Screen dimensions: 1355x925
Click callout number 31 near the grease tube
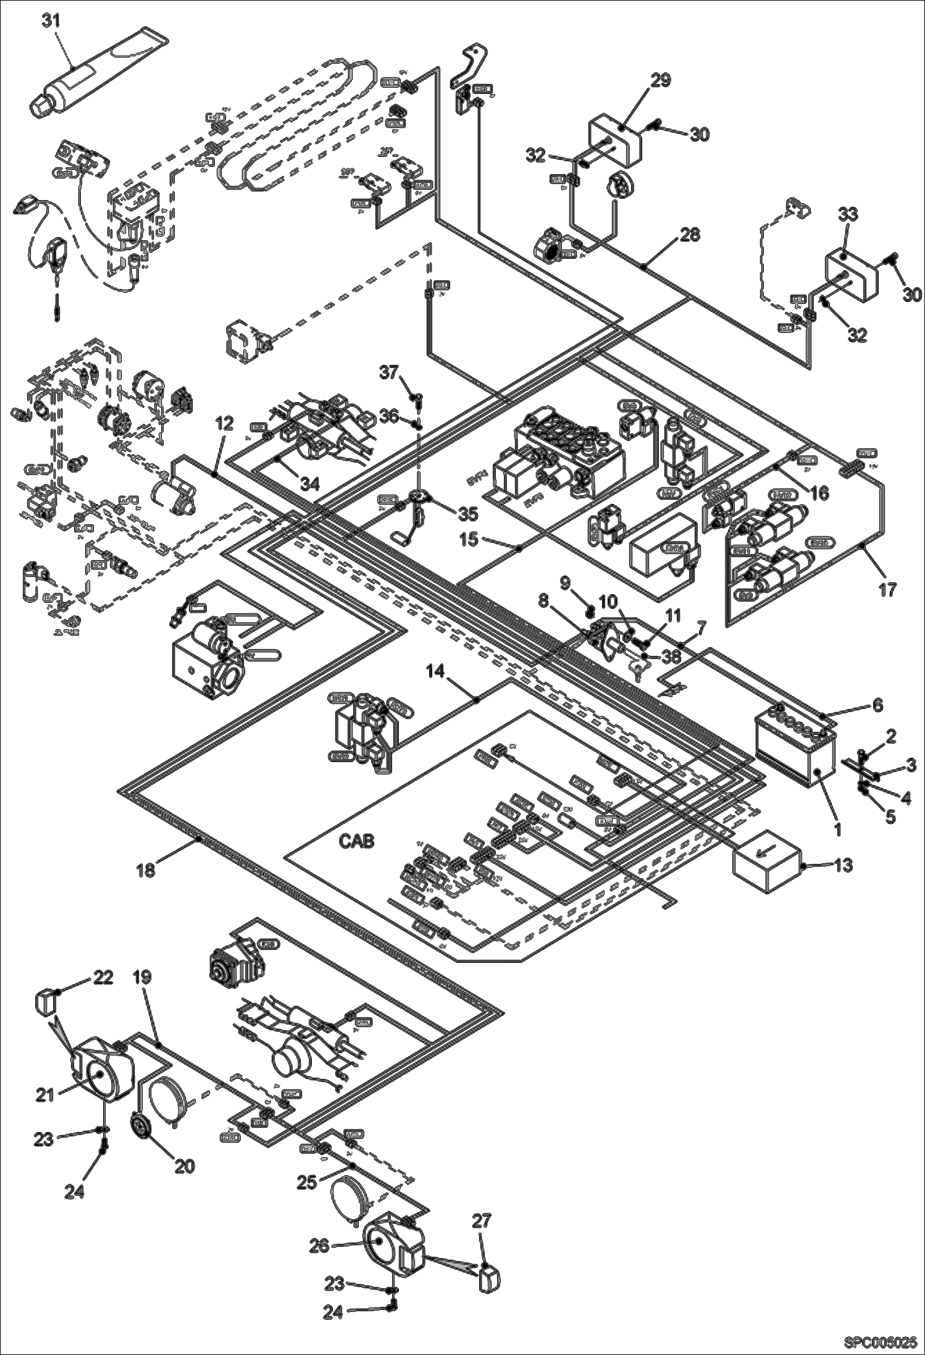click(51, 20)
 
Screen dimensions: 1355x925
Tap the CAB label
click(356, 841)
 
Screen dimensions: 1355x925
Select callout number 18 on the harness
click(146, 870)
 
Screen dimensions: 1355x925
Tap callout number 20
click(185, 1165)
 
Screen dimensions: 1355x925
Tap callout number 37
click(390, 372)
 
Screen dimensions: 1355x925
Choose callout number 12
click(225, 423)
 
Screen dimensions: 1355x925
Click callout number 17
click(887, 589)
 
